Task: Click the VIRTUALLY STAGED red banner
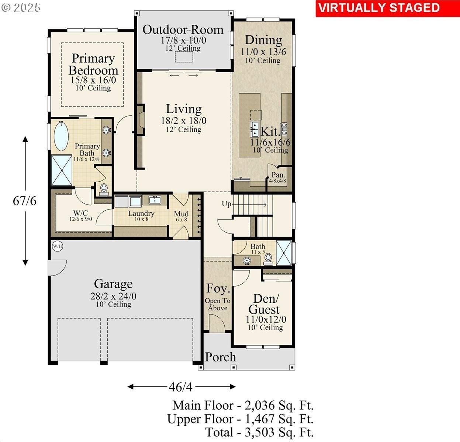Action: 379,8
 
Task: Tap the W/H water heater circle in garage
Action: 56,246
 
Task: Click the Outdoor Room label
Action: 183,29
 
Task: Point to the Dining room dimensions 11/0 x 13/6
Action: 263,52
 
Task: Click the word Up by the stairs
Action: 226,204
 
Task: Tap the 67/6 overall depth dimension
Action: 25,201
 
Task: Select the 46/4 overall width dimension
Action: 181,387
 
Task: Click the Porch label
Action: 220,357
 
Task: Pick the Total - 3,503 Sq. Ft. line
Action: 259,432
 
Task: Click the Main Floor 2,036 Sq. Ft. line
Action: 243,406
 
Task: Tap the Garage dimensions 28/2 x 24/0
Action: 113,296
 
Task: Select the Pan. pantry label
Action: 278,175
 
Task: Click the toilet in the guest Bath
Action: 268,259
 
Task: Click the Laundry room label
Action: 141,213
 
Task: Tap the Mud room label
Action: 181,214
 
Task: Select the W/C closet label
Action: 80,213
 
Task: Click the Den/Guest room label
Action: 264,304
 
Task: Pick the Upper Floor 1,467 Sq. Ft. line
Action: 241,419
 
